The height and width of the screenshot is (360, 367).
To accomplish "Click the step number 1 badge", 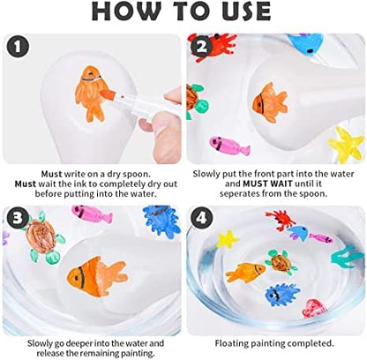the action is click(18, 47).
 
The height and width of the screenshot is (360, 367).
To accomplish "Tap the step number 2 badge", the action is click(201, 47).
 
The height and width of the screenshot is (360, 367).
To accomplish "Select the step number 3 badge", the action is click(18, 218).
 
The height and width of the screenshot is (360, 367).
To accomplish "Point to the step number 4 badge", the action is click(201, 218).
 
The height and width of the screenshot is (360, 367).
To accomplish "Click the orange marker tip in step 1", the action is click(105, 94).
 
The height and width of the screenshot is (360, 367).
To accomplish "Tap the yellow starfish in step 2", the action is click(346, 144).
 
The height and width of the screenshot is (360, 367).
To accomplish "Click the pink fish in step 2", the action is click(229, 146).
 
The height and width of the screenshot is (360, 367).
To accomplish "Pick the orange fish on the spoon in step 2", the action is click(269, 102).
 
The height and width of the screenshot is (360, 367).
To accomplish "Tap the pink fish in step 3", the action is click(92, 214).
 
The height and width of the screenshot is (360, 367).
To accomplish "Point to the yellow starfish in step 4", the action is click(228, 239).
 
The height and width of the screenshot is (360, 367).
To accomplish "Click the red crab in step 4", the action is click(281, 220).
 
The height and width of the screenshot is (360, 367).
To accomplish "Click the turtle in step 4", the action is click(281, 262).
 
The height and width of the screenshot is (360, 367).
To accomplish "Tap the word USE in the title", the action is click(246, 11).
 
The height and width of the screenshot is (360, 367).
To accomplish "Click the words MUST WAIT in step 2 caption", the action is click(267, 184).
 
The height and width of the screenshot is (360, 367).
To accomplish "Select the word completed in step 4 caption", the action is click(311, 343).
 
